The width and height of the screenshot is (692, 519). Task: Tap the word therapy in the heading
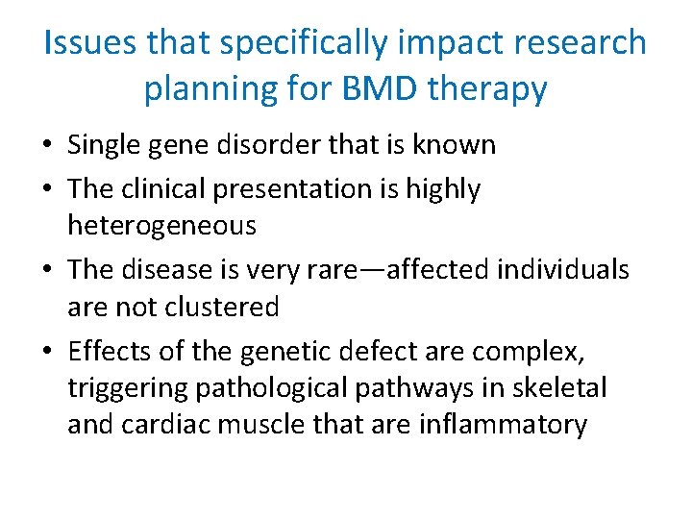pyautogui.click(x=489, y=89)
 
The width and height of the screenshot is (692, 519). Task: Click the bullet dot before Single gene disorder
pyautogui.click(x=53, y=146)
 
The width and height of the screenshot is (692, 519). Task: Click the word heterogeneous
pyautogui.click(x=161, y=226)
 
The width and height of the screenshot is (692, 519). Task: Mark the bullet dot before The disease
pyautogui.click(x=53, y=270)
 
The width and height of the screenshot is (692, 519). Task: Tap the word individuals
pyautogui.click(x=562, y=269)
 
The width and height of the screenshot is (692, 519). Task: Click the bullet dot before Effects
pyautogui.click(x=53, y=352)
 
